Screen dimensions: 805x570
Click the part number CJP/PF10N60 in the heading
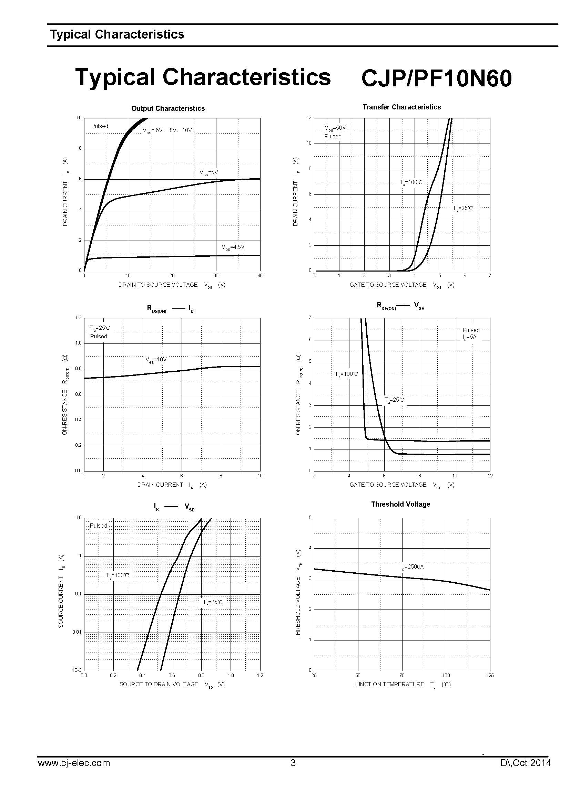coord(436,78)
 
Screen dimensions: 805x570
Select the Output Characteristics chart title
coord(168,108)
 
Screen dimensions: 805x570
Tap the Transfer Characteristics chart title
coord(401,107)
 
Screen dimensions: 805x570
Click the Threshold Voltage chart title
coord(400,504)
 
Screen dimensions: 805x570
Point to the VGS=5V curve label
coord(209,172)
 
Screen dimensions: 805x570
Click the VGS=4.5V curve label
coord(233,247)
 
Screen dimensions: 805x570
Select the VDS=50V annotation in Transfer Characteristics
coord(335,128)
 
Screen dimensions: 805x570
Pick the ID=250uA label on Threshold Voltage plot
coord(412,567)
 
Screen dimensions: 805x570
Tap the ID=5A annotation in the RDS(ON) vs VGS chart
coord(469,337)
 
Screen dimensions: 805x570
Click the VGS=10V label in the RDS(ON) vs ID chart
coord(156,360)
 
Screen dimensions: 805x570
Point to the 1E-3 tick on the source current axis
coord(77,670)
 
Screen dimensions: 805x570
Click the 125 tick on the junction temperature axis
coord(490,675)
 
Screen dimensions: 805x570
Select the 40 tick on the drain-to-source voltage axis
coord(260,276)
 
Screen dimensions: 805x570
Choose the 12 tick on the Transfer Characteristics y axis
coord(309,117)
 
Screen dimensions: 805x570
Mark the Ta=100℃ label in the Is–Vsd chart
coord(118,575)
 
